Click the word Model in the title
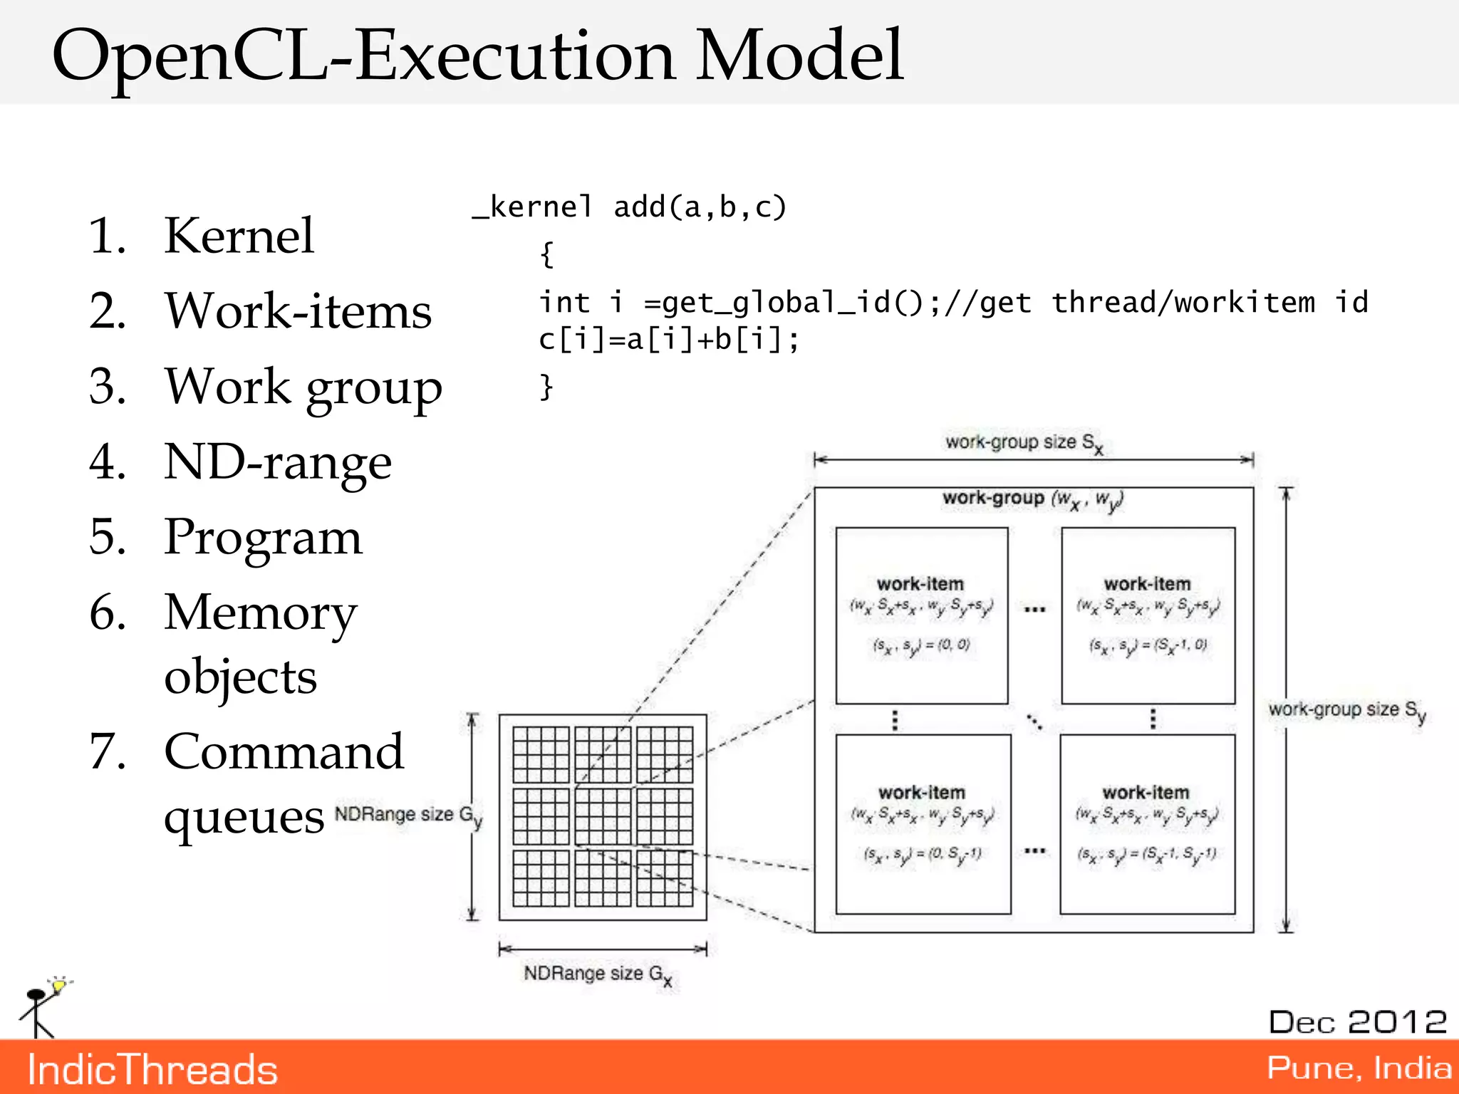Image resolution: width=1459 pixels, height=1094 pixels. click(799, 56)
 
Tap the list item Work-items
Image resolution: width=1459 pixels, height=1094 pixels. click(298, 311)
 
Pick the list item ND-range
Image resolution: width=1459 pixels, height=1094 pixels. click(277, 462)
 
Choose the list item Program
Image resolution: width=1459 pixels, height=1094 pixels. click(263, 537)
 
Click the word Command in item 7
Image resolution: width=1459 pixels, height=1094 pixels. click(284, 751)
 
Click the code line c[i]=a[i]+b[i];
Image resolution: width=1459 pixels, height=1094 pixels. click(668, 340)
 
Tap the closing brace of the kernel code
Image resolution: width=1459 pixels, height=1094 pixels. click(546, 387)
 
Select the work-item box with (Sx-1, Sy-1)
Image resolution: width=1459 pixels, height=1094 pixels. click(1147, 824)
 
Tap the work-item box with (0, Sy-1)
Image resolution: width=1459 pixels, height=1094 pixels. click(923, 824)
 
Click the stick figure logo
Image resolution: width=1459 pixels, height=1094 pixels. click(41, 1008)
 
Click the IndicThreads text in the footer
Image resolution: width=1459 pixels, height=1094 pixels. click(152, 1070)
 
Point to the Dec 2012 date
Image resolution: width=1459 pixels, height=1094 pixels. click(1357, 1022)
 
